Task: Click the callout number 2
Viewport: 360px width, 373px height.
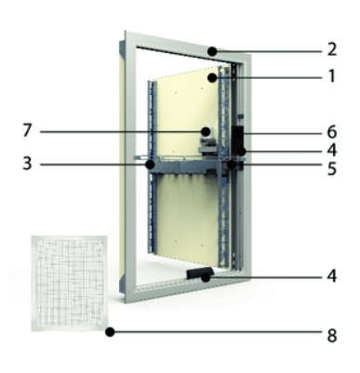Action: pos(332,49)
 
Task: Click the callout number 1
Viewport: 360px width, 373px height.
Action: pos(332,76)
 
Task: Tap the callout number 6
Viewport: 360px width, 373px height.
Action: pos(332,132)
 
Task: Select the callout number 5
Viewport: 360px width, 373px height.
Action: pos(332,169)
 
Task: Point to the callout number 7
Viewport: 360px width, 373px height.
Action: pos(27,130)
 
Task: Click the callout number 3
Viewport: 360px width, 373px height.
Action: pos(27,164)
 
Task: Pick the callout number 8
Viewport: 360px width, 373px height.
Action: pos(332,336)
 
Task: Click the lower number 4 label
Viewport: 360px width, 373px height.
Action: pos(332,276)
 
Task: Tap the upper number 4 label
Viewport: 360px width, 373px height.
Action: pos(332,151)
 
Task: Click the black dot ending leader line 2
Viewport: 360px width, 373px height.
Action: pos(212,51)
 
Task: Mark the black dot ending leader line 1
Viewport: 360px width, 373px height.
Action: pos(212,78)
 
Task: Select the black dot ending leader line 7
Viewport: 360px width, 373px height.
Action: pos(206,132)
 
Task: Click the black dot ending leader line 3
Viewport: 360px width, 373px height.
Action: pos(151,165)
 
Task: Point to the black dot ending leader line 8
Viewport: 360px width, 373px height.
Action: pos(110,332)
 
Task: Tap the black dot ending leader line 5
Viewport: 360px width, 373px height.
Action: pos(231,165)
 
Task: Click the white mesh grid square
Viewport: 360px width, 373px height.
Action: pos(69,284)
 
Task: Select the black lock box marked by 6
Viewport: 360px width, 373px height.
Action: pos(238,140)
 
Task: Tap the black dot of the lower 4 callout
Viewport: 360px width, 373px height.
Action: pos(206,278)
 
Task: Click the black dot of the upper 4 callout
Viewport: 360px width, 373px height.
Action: pos(241,152)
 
